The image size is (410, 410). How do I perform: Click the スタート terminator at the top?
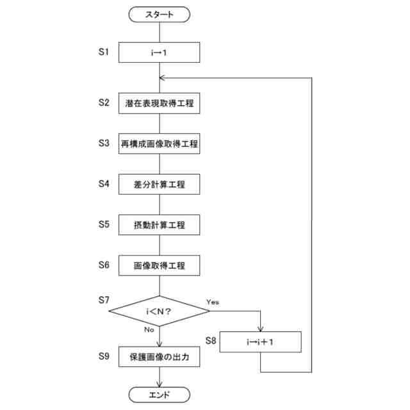(160, 13)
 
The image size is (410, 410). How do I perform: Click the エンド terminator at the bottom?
(160, 394)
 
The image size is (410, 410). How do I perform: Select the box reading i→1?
(160, 52)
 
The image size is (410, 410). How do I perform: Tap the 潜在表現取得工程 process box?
(160, 104)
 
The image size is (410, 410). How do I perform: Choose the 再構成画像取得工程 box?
(160, 144)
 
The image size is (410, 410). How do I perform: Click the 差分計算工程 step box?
(160, 184)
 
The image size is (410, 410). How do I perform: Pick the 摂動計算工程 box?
(160, 225)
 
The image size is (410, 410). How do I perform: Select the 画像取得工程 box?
(160, 265)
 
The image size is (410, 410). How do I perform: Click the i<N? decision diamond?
(160, 311)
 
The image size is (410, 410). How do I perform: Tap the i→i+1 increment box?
(261, 342)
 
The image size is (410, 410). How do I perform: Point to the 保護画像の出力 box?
(160, 357)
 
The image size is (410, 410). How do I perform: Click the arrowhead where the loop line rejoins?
(163, 78)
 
